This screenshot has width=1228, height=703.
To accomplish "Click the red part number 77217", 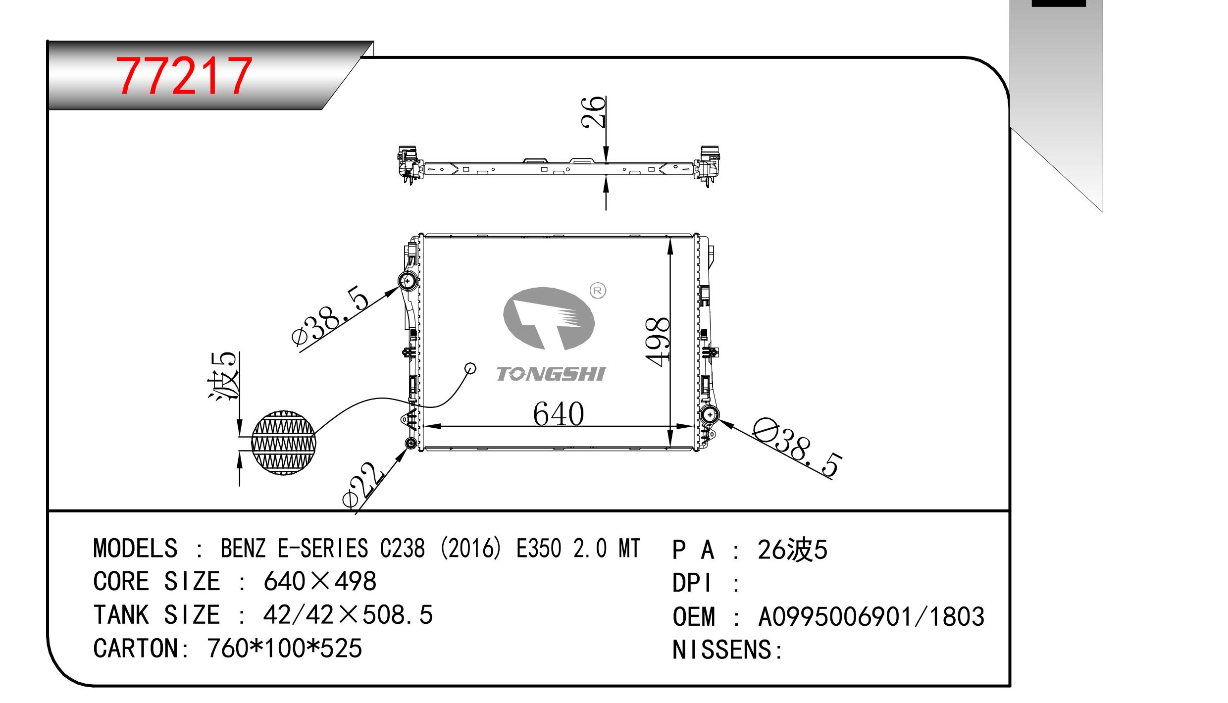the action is (184, 76).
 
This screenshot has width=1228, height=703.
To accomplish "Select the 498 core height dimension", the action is (658, 342).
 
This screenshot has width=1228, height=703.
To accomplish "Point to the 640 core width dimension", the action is (559, 414).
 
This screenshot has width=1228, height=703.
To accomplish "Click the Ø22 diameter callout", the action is (363, 485).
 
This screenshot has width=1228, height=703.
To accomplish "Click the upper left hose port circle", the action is (408, 281).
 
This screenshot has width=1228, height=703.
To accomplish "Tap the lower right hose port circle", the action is (710, 414).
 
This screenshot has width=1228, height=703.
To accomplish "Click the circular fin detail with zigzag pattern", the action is (283, 442).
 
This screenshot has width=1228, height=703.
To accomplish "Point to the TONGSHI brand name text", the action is (550, 374).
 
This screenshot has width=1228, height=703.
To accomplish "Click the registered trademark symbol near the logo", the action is (598, 291).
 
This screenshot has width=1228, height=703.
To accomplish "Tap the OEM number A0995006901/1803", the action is (871, 617).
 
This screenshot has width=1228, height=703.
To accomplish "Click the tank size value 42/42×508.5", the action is (348, 615).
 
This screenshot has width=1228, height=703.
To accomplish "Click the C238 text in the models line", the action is (402, 548).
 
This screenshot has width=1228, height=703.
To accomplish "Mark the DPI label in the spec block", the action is (692, 583).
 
